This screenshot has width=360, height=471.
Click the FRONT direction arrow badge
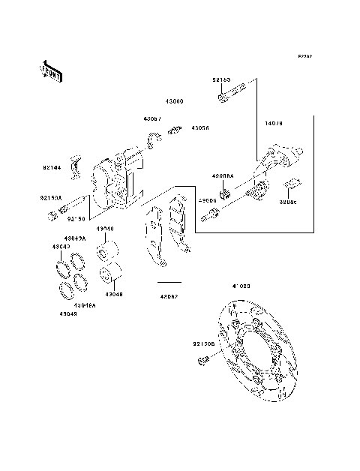[x=52, y=71]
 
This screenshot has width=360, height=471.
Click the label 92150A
[x=52, y=199]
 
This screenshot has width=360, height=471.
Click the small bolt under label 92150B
[x=201, y=363]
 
